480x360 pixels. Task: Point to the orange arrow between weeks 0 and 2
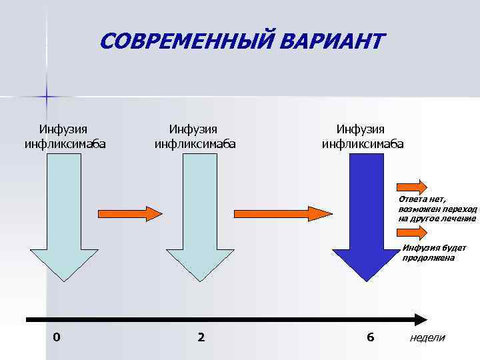(x=130, y=213)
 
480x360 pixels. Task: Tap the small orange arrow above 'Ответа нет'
(x=413, y=185)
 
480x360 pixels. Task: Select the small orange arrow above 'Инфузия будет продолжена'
(x=413, y=232)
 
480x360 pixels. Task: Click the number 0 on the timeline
(x=57, y=337)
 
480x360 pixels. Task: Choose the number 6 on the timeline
(x=370, y=337)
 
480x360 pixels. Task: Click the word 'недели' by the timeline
(x=427, y=338)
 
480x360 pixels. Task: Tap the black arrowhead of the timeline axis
(x=419, y=319)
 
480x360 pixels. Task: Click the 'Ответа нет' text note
(x=437, y=209)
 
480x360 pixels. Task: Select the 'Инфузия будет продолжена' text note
(x=433, y=253)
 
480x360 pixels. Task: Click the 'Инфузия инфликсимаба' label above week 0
(x=65, y=135)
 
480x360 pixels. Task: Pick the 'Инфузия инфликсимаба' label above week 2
(x=195, y=135)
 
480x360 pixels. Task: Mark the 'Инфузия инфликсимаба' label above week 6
(x=362, y=135)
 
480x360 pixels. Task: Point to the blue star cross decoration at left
(x=46, y=97)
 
